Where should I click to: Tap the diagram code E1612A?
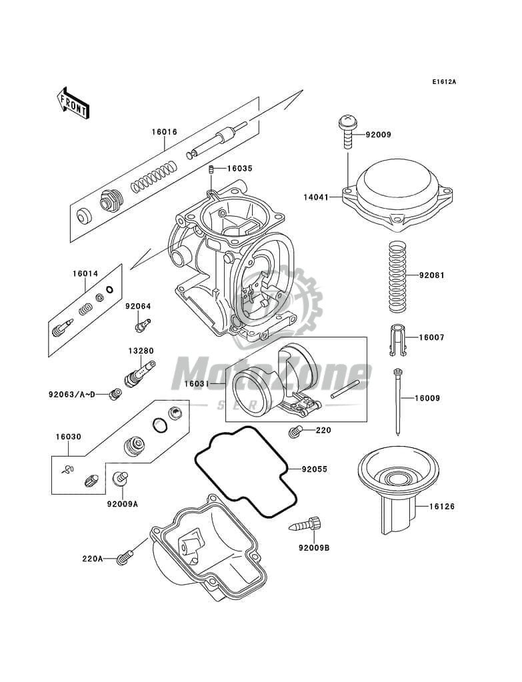[443, 82]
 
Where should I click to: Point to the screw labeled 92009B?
[314, 549]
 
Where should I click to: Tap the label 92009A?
[121, 504]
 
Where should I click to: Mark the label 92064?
[138, 306]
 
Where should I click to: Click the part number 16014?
[85, 273]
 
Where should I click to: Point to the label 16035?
[239, 169]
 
